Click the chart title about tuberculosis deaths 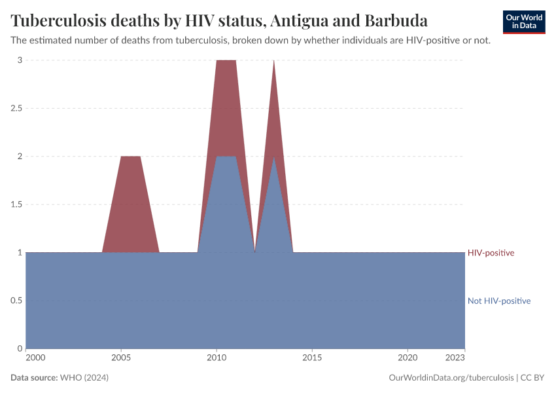[x=219, y=20]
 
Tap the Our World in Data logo [x=523, y=22]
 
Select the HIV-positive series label [x=491, y=253]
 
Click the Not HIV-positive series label [x=498, y=301]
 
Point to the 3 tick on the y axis [x=20, y=60]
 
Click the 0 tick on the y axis [x=20, y=348]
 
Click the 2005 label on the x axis [x=121, y=358]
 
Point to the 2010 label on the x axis [x=217, y=358]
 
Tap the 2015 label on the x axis [x=312, y=358]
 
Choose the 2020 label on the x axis [x=408, y=358]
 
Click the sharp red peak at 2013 [x=273, y=63]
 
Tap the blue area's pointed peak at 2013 [x=273, y=159]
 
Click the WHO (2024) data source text [x=84, y=378]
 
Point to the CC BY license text [x=532, y=378]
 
